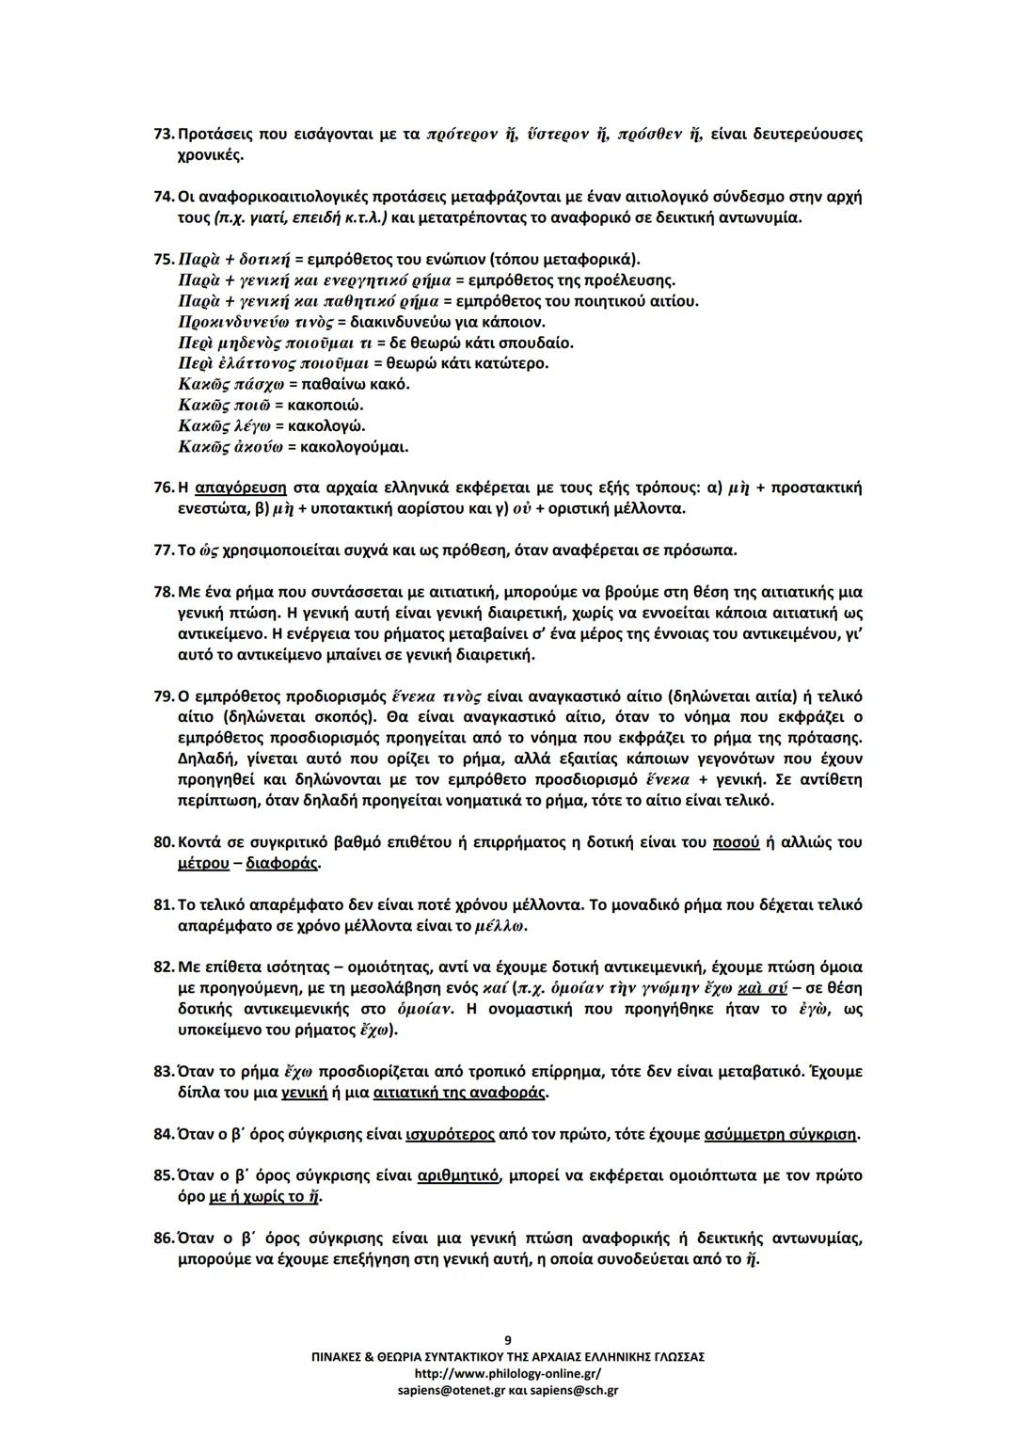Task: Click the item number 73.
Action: point(163,135)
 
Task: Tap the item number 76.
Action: point(163,488)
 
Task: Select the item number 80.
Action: point(163,842)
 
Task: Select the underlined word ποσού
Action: point(736,842)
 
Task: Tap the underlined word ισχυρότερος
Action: point(450,1134)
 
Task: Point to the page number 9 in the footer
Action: point(508,1339)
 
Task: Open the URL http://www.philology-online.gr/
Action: point(508,1373)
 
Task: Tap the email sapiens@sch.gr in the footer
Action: point(571,1390)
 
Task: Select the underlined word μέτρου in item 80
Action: point(203,863)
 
